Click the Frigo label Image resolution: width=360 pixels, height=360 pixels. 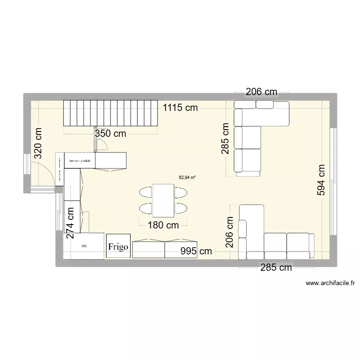[118, 247]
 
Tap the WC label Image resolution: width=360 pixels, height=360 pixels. [84, 246]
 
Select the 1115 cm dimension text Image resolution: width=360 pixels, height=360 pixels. [180, 108]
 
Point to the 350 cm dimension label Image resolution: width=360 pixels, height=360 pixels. [110, 134]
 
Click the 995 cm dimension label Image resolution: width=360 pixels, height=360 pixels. [196, 251]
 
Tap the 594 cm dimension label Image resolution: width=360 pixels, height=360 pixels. [320, 180]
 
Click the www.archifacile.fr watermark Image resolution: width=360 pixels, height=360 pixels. [330, 284]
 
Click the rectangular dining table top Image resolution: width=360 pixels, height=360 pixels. [163, 200]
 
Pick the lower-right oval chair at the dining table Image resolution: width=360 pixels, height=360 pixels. [180, 208]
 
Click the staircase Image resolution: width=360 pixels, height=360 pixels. [111, 113]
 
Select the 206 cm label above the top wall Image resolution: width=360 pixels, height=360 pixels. [262, 92]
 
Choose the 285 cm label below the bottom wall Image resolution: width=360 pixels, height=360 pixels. [276, 268]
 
